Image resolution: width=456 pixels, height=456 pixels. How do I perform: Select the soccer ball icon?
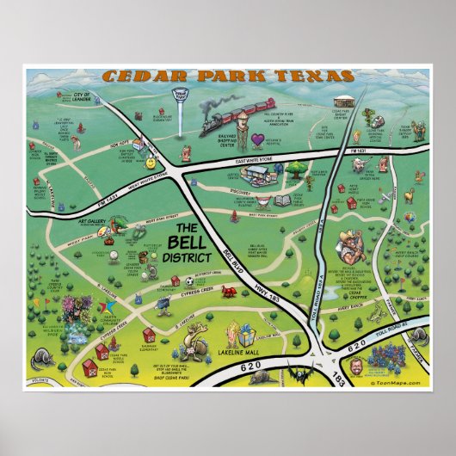(x=190, y=280)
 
